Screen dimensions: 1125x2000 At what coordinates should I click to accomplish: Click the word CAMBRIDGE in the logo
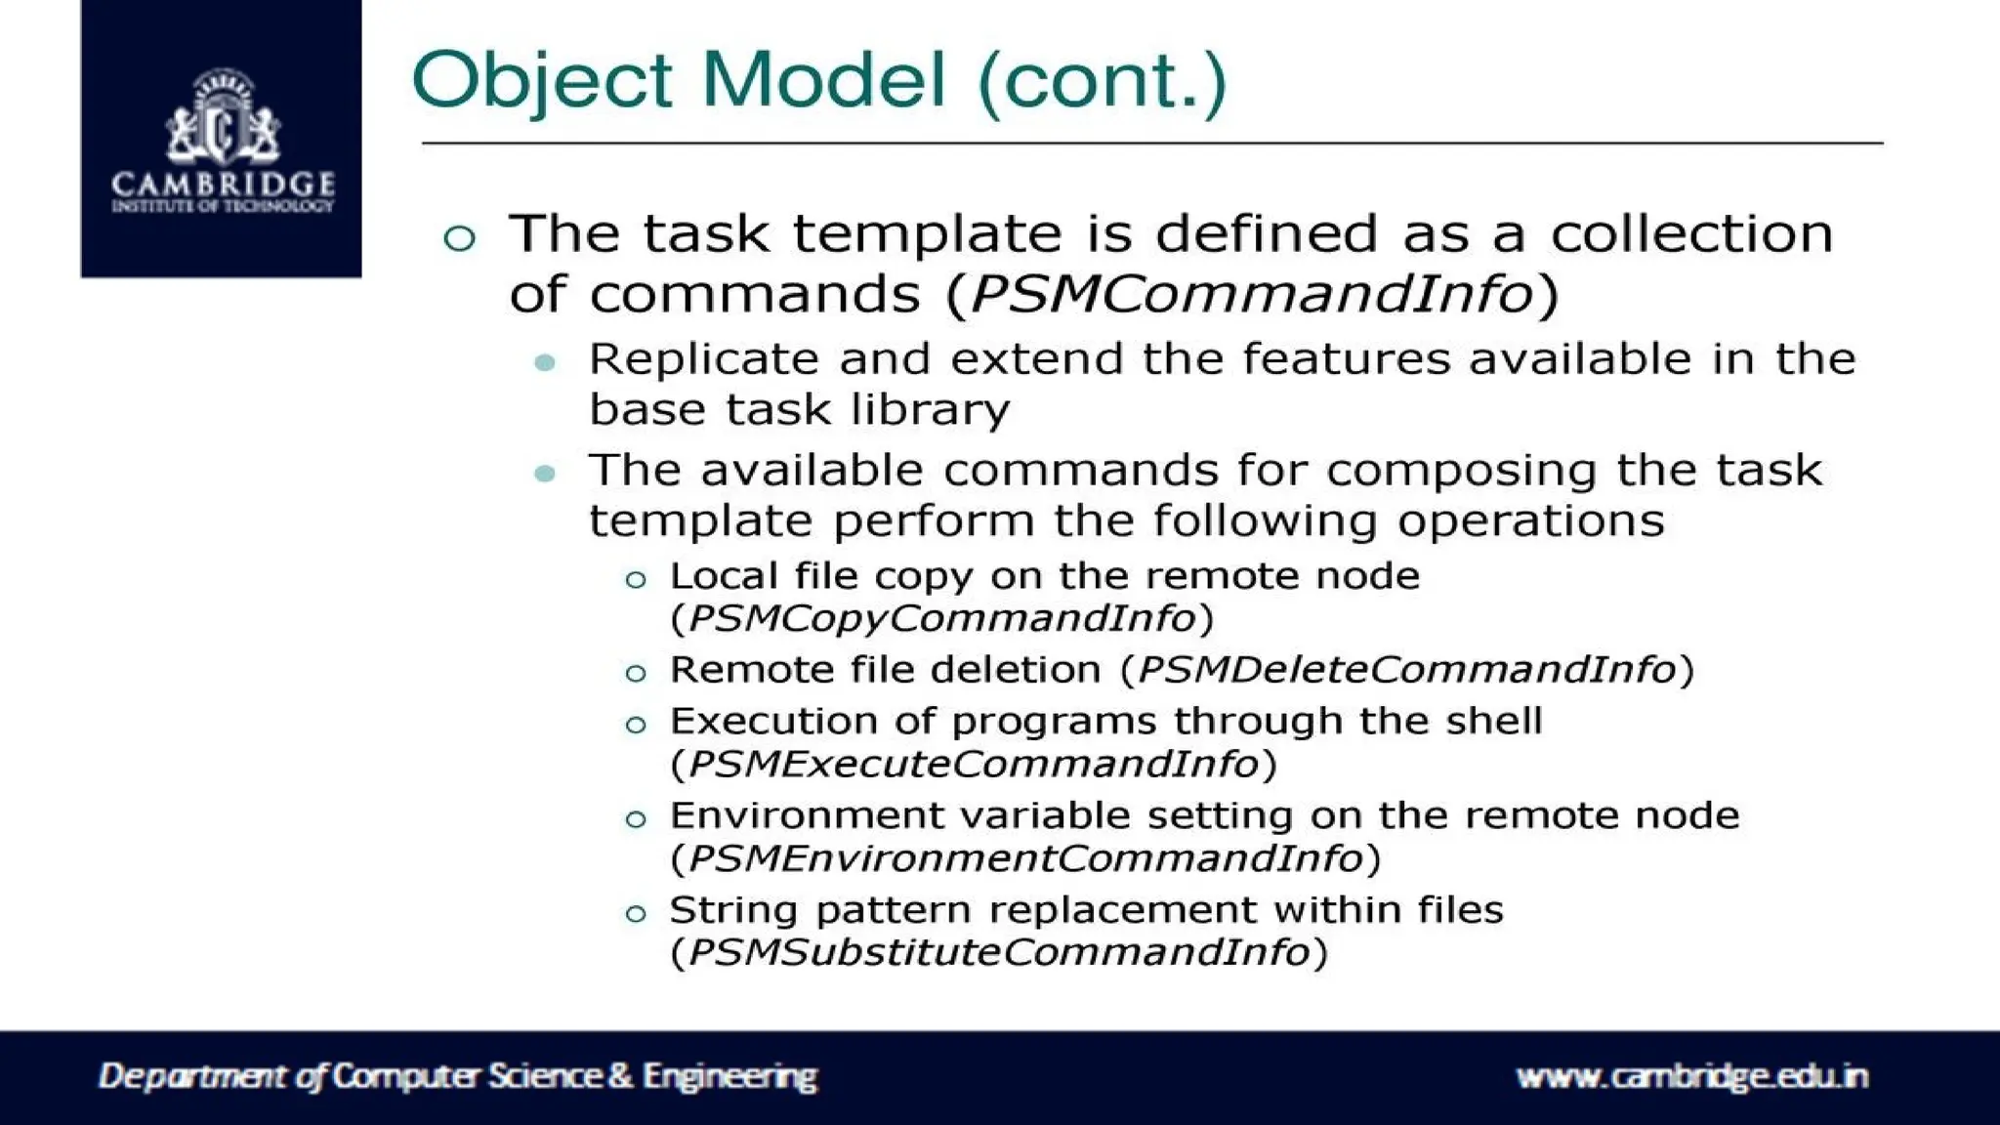point(223,185)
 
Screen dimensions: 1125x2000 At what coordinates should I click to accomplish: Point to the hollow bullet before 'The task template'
point(459,237)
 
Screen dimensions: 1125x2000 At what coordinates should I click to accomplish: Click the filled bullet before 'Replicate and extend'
point(545,363)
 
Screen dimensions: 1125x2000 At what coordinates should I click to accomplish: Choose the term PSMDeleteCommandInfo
point(1407,670)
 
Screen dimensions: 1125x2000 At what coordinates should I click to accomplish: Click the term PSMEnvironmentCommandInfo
point(1025,858)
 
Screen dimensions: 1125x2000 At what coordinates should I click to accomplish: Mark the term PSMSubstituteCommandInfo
point(999,952)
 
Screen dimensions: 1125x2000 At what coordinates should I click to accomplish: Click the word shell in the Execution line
point(1494,721)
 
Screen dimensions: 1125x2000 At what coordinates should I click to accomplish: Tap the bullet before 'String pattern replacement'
point(636,914)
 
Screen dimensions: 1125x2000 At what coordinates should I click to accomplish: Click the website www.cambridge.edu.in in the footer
point(1691,1076)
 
